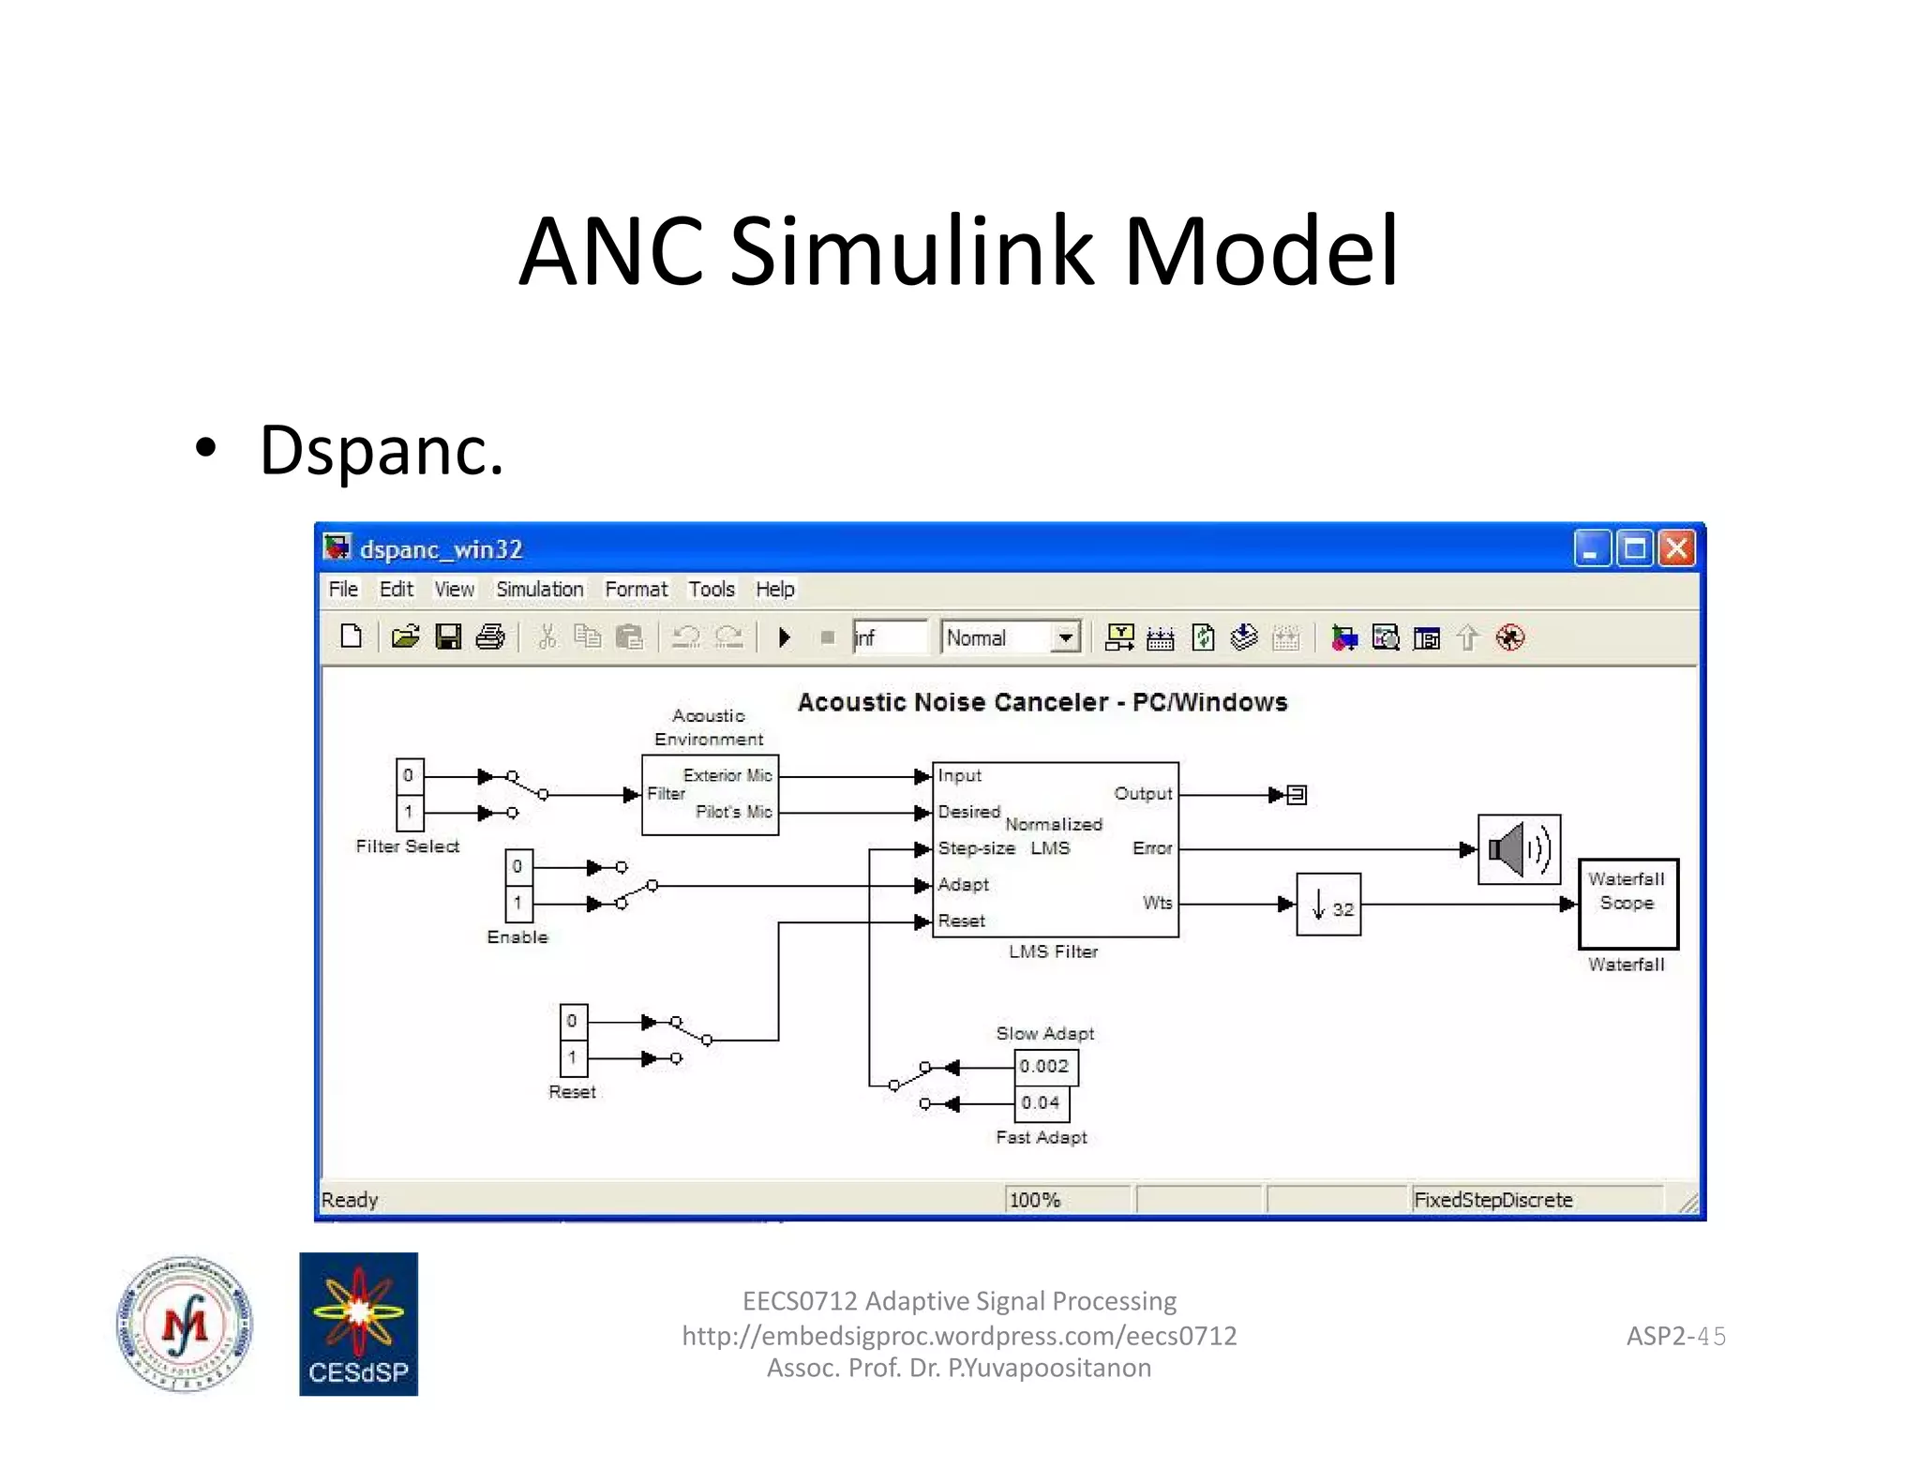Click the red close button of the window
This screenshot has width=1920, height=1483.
point(1676,548)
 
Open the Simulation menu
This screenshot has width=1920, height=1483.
point(539,589)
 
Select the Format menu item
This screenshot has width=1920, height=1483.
point(636,589)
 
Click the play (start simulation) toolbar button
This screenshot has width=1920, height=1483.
point(785,637)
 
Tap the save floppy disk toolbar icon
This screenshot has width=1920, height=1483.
point(448,637)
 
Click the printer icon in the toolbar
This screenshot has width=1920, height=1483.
point(490,637)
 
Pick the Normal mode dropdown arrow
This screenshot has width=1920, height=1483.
point(1065,637)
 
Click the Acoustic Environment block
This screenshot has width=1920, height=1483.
point(710,795)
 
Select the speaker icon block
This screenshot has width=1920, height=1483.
point(1519,849)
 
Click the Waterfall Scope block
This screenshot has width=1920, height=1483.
point(1627,904)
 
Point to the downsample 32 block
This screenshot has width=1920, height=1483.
point(1328,905)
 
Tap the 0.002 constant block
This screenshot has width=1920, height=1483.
point(1045,1067)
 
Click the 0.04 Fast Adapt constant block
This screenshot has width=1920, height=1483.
point(1042,1103)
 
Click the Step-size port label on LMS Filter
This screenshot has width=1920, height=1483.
point(976,848)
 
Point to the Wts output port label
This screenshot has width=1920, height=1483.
point(1157,903)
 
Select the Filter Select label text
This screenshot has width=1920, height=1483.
point(408,846)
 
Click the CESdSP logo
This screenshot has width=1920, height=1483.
point(358,1324)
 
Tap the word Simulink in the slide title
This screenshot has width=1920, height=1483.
point(911,251)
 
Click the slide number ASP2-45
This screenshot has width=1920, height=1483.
point(1675,1336)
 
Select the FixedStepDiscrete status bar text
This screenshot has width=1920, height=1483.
point(1492,1200)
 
